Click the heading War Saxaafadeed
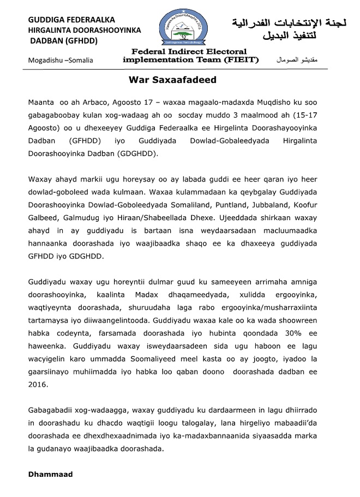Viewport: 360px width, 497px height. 172,80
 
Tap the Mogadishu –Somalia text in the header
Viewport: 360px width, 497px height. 61,60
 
